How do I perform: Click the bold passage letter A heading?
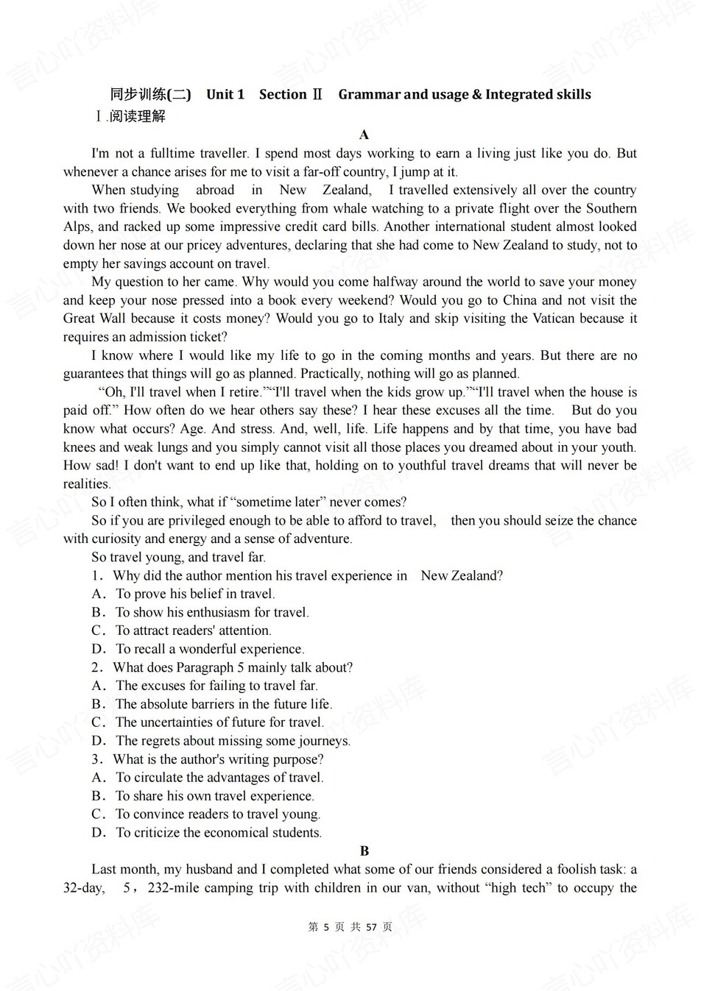pos(364,135)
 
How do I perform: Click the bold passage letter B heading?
pos(364,851)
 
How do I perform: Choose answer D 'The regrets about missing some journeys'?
pos(221,741)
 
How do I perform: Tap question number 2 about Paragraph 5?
pos(96,667)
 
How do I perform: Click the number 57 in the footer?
pos(371,927)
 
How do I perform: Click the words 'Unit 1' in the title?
pos(225,94)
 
